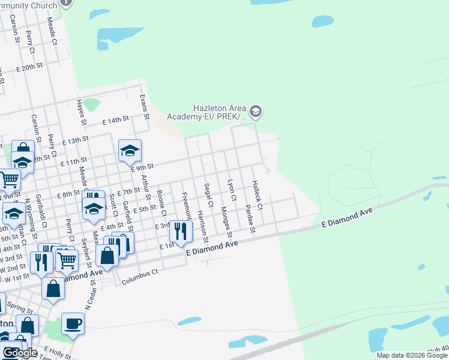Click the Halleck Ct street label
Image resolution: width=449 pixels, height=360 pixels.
point(258,195)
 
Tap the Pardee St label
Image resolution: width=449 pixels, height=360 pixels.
point(250,220)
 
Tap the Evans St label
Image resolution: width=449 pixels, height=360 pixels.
point(143,106)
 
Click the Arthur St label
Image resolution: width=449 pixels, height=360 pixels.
point(144,187)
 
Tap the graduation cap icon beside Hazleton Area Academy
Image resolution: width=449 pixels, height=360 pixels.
point(256,111)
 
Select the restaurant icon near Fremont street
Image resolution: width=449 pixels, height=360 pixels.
point(180,230)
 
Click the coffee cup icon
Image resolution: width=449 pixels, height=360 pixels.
point(73,323)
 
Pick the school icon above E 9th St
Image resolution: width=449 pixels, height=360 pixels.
point(129,150)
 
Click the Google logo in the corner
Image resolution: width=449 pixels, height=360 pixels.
point(20,353)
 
